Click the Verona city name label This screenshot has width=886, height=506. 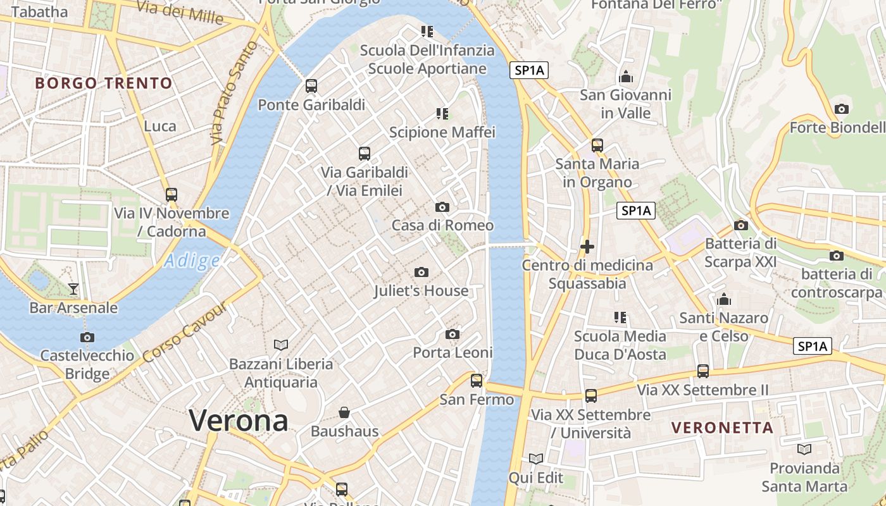[239, 421]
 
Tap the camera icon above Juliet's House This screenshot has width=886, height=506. [421, 272]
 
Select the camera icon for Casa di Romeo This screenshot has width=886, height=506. [442, 207]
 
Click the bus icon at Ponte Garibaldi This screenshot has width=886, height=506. [311, 86]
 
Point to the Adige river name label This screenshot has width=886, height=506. [192, 261]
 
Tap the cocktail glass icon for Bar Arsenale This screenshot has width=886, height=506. [73, 289]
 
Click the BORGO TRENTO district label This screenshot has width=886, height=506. [104, 83]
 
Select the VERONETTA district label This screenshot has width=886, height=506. [722, 428]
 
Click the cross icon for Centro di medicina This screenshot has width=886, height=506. [587, 247]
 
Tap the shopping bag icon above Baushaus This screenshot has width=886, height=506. [344, 412]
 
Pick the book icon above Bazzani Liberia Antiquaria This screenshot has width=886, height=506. [281, 345]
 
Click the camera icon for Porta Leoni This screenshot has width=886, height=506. [452, 334]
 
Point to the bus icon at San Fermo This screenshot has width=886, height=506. [477, 381]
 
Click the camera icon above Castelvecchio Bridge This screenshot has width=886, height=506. [87, 337]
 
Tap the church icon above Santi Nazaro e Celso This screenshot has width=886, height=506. [723, 299]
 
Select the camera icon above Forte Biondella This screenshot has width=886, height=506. [841, 109]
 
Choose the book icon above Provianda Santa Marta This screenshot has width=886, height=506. [804, 449]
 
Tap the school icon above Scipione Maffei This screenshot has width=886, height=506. [442, 114]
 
